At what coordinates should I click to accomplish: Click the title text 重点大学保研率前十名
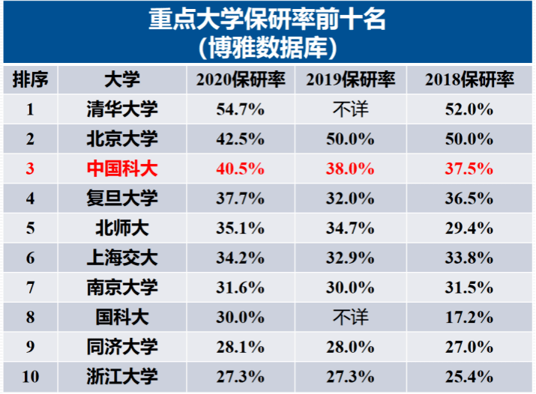point(268,19)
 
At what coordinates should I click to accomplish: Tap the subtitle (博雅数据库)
point(268,47)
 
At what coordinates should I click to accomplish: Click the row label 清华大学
point(122,109)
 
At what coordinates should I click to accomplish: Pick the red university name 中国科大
point(122,169)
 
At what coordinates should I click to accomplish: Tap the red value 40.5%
point(240,169)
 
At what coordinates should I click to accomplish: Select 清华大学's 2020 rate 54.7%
point(240,109)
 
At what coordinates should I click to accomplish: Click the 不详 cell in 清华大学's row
point(350,109)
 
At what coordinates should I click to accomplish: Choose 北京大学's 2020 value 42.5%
point(240,139)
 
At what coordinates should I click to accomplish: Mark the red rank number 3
point(31,169)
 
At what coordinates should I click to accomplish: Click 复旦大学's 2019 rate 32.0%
point(350,198)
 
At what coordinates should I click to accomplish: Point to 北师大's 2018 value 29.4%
point(469,228)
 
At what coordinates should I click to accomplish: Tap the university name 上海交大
point(122,258)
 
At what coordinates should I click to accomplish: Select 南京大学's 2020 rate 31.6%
point(240,287)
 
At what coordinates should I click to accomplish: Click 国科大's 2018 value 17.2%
point(469,317)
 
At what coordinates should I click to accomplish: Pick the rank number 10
point(31,376)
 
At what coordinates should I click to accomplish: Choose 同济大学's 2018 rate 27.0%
point(469,347)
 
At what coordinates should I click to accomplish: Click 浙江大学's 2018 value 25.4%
point(469,376)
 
